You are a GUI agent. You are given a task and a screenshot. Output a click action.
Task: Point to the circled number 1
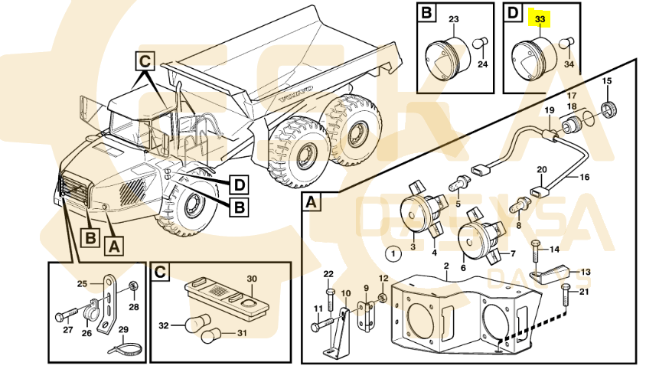click(393, 253)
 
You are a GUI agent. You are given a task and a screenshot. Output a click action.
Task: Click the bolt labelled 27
click(63, 314)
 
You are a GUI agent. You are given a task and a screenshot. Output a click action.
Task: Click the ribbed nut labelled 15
click(609, 108)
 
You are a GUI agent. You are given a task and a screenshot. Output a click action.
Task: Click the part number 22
click(328, 273)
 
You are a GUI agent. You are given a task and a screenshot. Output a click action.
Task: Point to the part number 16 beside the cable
click(584, 178)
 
